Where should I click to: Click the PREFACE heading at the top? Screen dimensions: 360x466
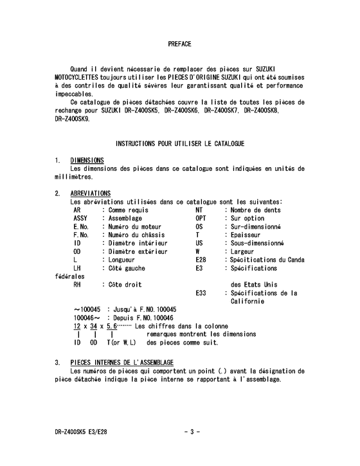(180, 44)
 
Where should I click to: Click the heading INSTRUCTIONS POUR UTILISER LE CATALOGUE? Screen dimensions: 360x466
(179, 142)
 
